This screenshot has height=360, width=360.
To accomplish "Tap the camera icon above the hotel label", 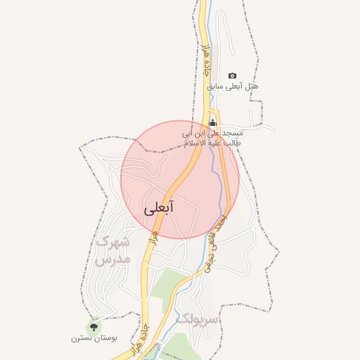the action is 233,75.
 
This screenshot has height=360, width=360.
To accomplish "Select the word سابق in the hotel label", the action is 214,86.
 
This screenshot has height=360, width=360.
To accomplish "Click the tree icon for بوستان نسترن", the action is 94,326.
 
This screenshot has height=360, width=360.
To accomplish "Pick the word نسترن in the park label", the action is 79,339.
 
